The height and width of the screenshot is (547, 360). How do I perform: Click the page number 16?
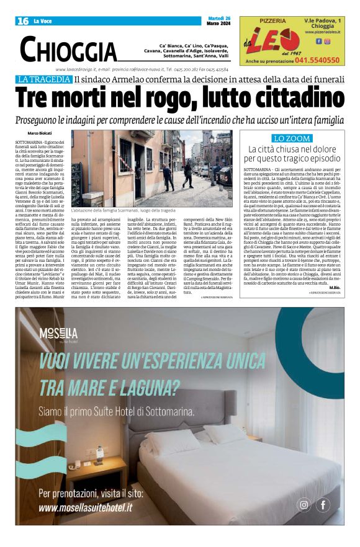(x=23, y=21)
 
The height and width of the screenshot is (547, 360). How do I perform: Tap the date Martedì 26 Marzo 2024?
(x=220, y=20)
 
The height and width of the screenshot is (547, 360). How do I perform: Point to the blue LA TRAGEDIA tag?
(x=44, y=79)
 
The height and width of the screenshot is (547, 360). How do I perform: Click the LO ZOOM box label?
(x=291, y=138)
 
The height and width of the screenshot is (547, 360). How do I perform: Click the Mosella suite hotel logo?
(x=58, y=334)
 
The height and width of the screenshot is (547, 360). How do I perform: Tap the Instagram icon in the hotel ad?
(x=304, y=505)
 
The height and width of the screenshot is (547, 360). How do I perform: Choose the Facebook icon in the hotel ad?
(x=323, y=505)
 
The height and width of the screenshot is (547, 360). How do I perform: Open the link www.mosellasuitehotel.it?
(x=85, y=507)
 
